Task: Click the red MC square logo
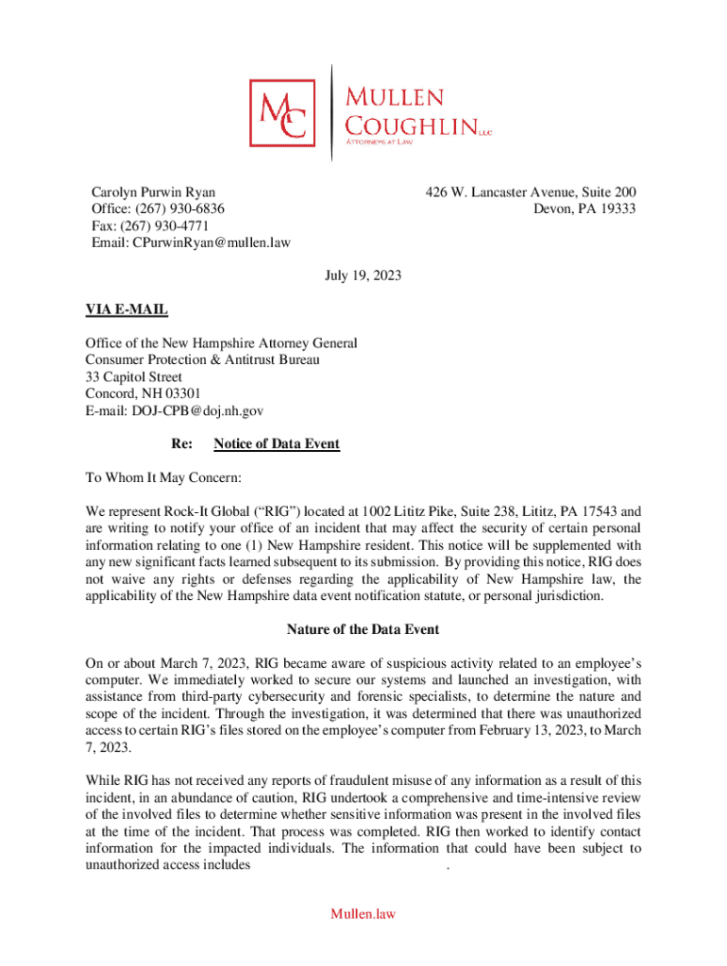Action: [287, 112]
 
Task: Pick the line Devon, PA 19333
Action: [583, 208]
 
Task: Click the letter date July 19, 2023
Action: [363, 276]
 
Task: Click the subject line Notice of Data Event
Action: [277, 443]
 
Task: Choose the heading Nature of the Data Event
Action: [363, 628]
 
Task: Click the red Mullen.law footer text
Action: [363, 913]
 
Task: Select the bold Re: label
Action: [181, 443]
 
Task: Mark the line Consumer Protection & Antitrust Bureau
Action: [202, 360]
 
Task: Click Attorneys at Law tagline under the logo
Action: [379, 142]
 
